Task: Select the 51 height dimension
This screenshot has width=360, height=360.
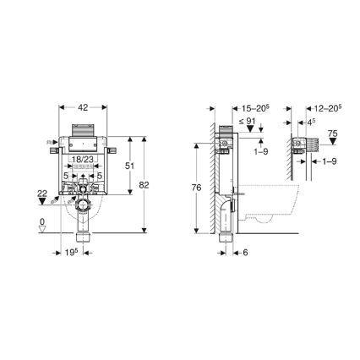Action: (x=129, y=166)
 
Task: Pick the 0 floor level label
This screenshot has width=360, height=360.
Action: (x=43, y=223)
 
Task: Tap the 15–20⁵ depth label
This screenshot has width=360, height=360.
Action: (x=231, y=109)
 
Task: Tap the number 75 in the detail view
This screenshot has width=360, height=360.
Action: (x=332, y=134)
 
